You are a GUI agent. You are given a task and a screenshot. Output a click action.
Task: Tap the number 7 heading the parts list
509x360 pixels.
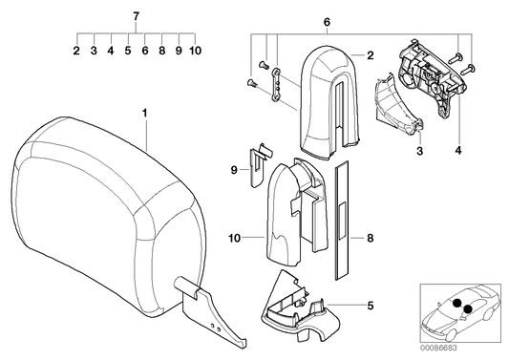136,17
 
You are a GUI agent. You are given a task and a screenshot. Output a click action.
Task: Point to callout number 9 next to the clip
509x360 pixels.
232,171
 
